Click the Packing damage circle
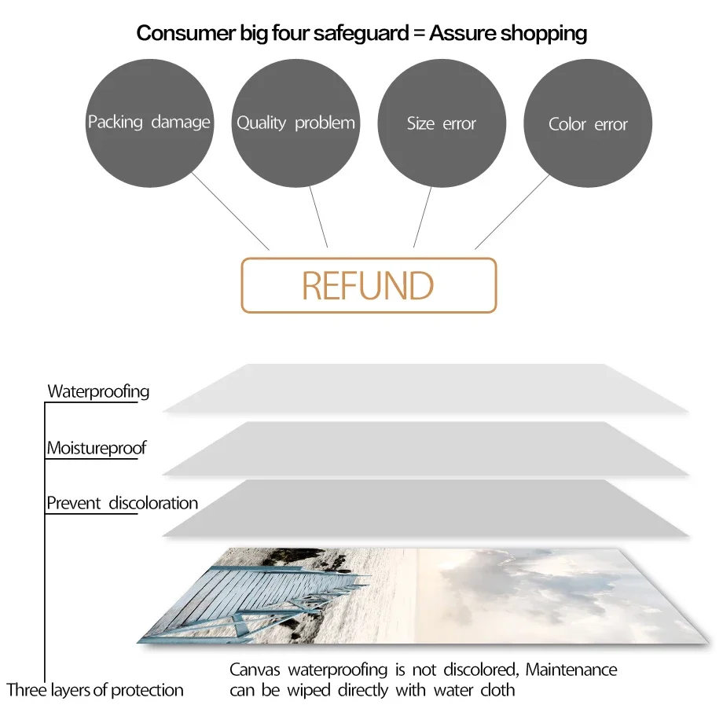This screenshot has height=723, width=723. pyautogui.click(x=149, y=123)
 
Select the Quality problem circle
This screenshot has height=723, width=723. pyautogui.click(x=295, y=123)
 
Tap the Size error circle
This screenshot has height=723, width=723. pyautogui.click(x=442, y=123)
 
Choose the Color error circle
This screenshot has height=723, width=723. pyautogui.click(x=588, y=123)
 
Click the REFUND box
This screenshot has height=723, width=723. pyautogui.click(x=369, y=285)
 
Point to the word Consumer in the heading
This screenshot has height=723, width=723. pyautogui.click(x=186, y=33)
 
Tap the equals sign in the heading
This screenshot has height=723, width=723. pyautogui.click(x=419, y=34)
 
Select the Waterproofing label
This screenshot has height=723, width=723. pyautogui.click(x=98, y=391)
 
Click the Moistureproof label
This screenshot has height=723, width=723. pyautogui.click(x=97, y=448)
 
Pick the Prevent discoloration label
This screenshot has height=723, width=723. pyautogui.click(x=122, y=503)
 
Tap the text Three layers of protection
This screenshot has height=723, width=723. pyautogui.click(x=95, y=690)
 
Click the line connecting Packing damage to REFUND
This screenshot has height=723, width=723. pyautogui.click(x=230, y=211)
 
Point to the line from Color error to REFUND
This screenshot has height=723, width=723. pyautogui.click(x=512, y=212)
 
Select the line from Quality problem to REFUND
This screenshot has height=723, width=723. pyautogui.click(x=318, y=217)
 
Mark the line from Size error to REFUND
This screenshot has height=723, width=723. pyautogui.click(x=422, y=217)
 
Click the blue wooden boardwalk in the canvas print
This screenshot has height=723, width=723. pyautogui.click(x=259, y=600)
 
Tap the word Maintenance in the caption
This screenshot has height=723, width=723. pyautogui.click(x=571, y=670)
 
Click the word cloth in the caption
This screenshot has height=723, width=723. pyautogui.click(x=497, y=690)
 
